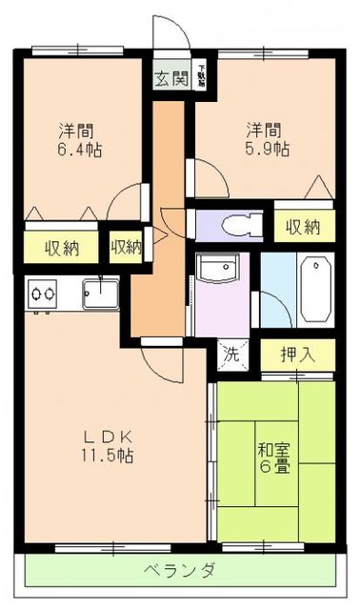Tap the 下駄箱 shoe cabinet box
pyautogui.click(x=202, y=76)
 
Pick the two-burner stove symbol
pyautogui.click(x=41, y=295)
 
